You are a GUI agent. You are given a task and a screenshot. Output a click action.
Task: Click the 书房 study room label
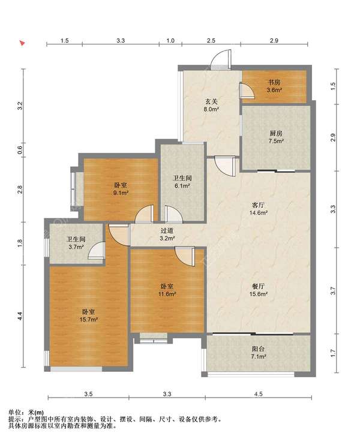point(274,83)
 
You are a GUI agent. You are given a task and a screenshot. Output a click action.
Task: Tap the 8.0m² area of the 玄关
point(211,109)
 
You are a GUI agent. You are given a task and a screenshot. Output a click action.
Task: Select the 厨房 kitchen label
point(276,133)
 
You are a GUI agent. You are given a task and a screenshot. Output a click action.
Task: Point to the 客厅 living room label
point(258,205)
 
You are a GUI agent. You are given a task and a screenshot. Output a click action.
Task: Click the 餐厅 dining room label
point(258,286)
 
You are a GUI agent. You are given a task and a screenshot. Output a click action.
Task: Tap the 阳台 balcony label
point(258,349)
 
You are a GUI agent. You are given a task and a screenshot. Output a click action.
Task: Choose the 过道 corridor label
point(167,230)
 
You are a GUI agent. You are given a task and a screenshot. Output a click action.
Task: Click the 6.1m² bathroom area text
point(182,186)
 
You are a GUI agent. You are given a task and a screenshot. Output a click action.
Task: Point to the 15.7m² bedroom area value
point(89,320)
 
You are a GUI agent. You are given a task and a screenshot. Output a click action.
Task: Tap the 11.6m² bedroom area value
point(167,294)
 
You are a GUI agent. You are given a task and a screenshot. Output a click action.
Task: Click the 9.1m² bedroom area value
point(121,193)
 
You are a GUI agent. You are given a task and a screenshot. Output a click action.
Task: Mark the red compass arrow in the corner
point(22,43)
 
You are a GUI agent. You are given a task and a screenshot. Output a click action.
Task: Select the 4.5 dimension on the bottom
point(258,394)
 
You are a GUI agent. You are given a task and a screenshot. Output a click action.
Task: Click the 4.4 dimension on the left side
point(20,316)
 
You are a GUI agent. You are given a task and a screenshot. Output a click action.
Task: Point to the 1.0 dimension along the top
point(170,41)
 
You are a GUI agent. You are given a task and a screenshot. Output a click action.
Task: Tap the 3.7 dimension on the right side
point(333,291)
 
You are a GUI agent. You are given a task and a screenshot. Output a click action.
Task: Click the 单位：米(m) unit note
point(26,413)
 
